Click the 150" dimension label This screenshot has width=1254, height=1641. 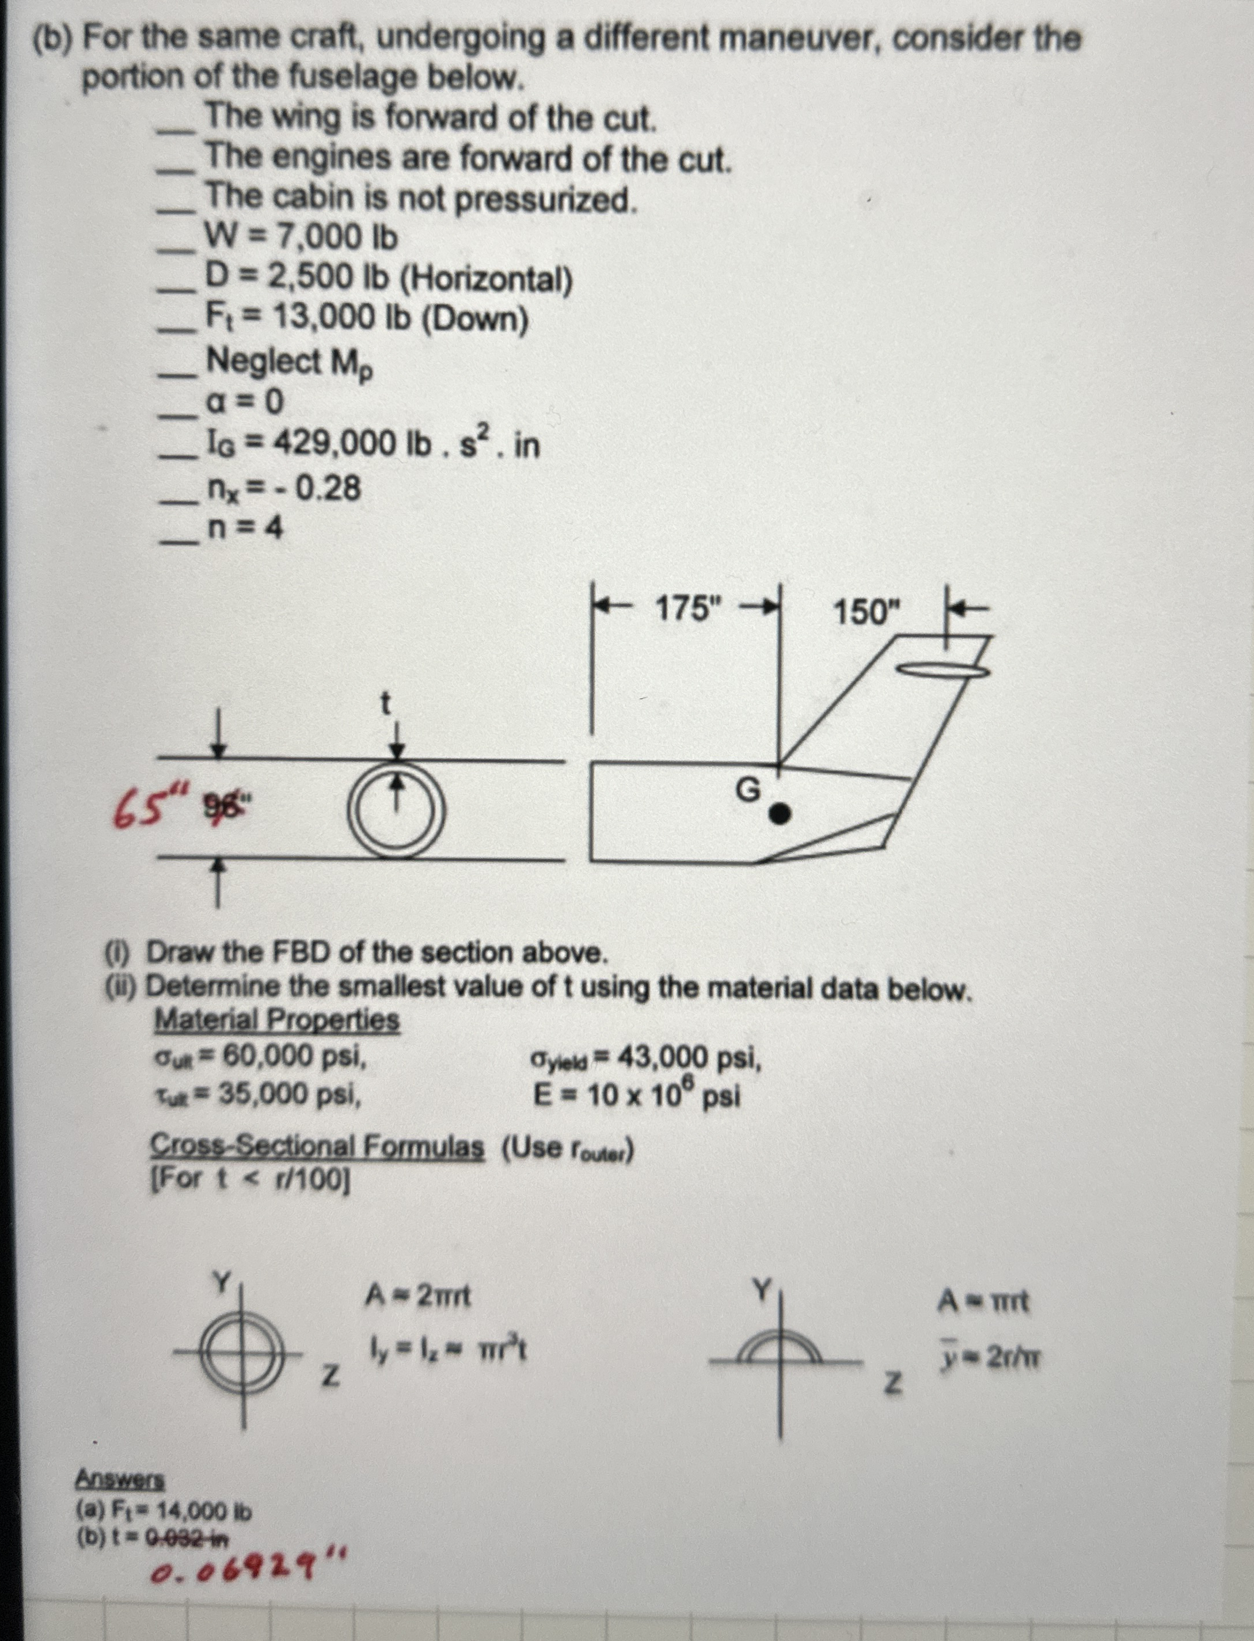[x=867, y=614]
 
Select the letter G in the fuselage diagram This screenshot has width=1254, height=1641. [x=748, y=789]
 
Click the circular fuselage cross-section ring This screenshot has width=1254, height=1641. [x=398, y=810]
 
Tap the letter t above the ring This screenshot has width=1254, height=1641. [x=385, y=703]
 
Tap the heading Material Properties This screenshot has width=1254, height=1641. [x=276, y=1019]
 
